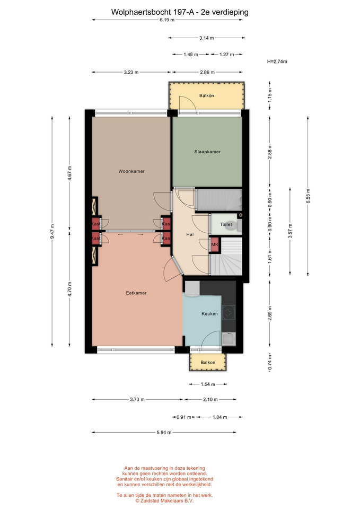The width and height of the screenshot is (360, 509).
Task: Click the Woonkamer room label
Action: pos(131,171)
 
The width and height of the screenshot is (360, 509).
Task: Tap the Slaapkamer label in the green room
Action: pos(207,152)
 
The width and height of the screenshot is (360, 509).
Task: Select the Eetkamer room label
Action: pos(136,293)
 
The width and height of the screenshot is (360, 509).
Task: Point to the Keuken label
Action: pos(209,313)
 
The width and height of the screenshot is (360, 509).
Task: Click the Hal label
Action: pos(190,234)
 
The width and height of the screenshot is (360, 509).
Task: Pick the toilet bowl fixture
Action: pos(233,225)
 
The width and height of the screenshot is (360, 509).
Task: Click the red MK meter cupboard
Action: pos(215,245)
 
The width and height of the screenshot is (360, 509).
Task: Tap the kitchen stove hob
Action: pos(229,313)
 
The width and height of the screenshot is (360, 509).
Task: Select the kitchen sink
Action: pos(229,339)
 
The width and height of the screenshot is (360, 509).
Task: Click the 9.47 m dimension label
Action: pos(52,232)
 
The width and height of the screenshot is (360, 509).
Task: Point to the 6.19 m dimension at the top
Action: pos(167,20)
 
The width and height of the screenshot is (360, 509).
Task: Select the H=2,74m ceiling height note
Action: pos(277,62)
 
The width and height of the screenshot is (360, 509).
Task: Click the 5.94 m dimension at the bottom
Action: pos(164,433)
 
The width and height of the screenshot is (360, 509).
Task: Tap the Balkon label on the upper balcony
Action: pos(206,96)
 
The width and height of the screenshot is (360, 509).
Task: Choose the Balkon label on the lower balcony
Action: pos(208,363)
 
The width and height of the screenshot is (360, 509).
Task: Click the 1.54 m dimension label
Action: pos(208,384)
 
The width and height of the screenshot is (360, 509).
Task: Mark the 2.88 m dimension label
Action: pos(270,151)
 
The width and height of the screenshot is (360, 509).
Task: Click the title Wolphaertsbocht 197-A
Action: pos(153,12)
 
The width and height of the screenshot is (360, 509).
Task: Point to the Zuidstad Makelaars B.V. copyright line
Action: pos(164,501)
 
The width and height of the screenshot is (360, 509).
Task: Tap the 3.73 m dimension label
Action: pos(137,399)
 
